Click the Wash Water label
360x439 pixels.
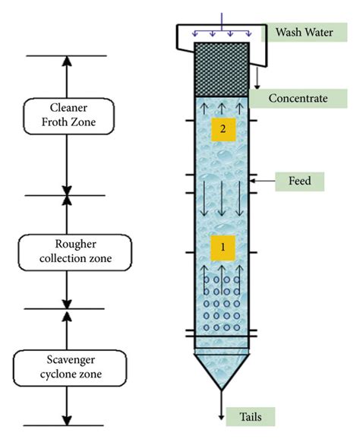pyautogui.click(x=301, y=33)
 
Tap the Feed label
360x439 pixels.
pyautogui.click(x=299, y=182)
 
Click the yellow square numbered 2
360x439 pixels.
pyautogui.click(x=222, y=130)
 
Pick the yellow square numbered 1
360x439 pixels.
pyautogui.click(x=222, y=247)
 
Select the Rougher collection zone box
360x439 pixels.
pyautogui.click(x=66, y=251)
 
